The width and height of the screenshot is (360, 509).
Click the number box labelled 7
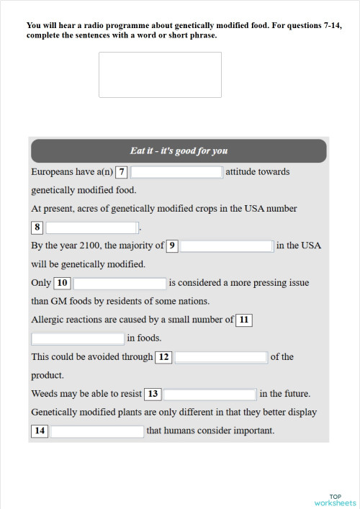click(122, 172)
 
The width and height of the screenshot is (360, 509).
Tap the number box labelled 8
click(37, 228)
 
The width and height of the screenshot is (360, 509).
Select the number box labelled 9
click(172, 246)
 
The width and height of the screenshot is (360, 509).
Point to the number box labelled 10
click(62, 284)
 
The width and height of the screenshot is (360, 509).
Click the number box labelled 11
click(244, 320)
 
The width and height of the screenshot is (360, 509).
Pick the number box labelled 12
click(164, 357)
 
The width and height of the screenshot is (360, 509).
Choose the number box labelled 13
click(153, 394)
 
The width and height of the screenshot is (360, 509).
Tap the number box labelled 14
click(40, 431)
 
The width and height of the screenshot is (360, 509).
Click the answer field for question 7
click(176, 172)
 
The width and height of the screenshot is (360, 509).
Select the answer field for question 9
click(227, 246)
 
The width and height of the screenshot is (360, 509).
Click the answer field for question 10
click(120, 284)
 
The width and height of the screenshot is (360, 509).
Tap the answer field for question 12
click(221, 357)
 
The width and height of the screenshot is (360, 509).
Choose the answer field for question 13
click(210, 394)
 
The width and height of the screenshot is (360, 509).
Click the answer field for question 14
click(97, 431)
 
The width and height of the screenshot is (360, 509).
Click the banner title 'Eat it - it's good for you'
click(179, 151)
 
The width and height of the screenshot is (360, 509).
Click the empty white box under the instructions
click(160, 75)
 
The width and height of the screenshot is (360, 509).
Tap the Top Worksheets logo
click(335, 500)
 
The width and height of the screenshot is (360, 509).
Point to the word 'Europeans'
click(53, 172)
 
